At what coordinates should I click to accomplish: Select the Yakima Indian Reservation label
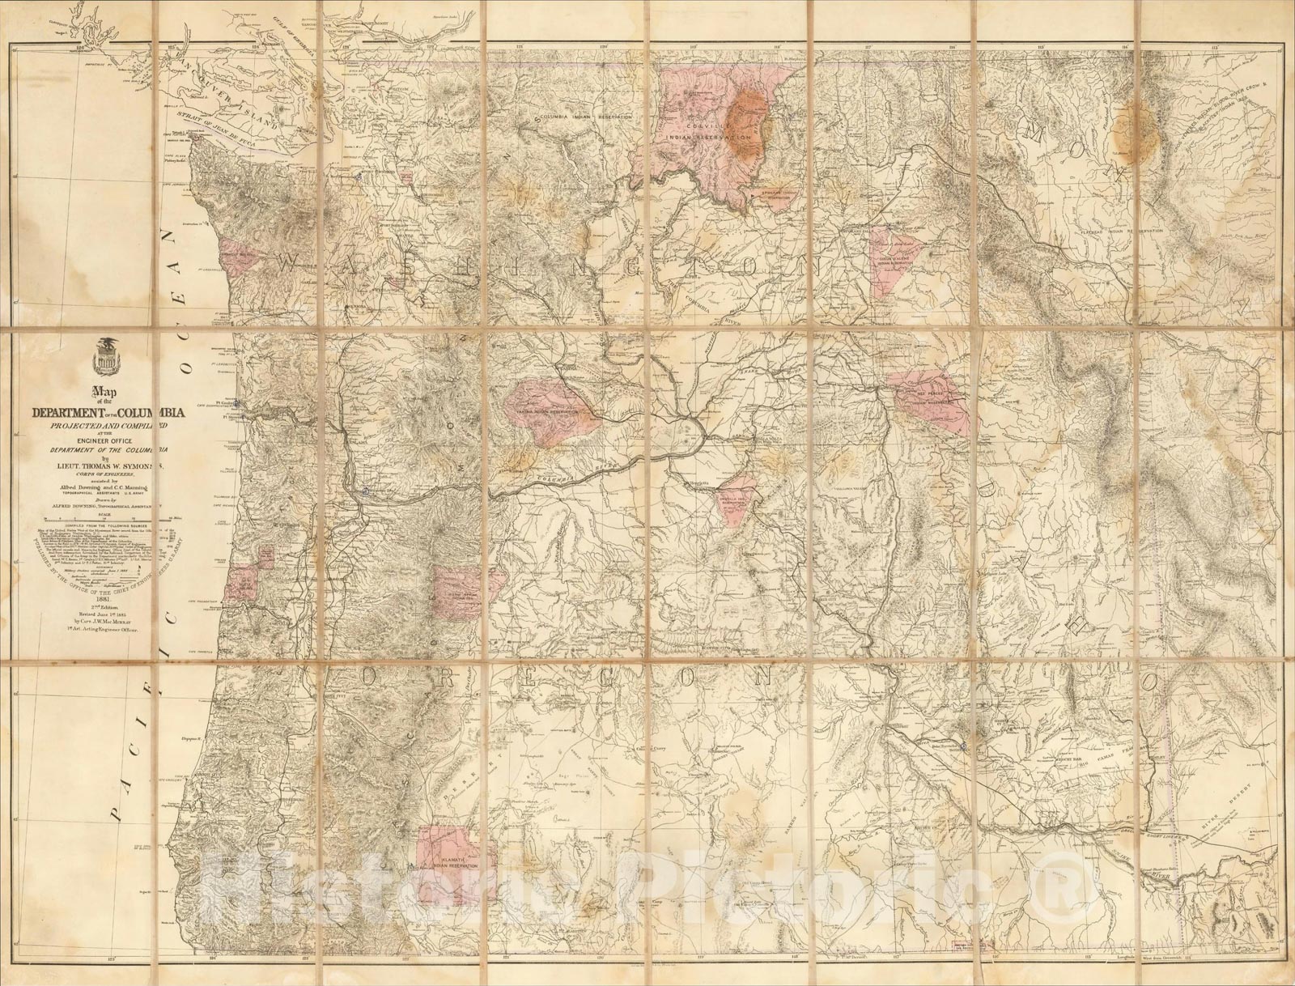click(549, 412)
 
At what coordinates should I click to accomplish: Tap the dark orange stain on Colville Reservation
click(746, 121)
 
